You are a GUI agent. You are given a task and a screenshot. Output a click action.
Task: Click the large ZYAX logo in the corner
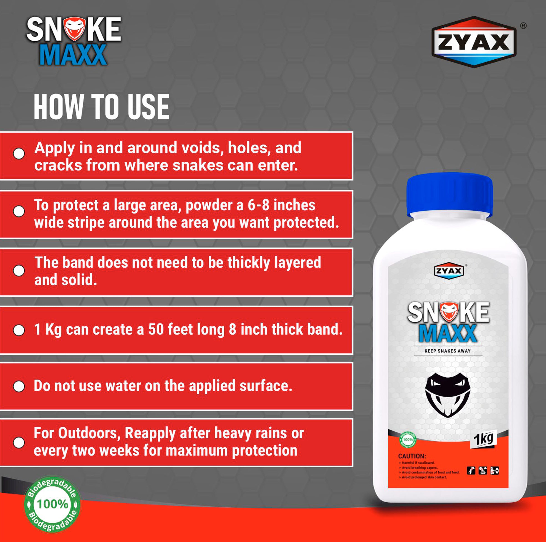[x=474, y=42]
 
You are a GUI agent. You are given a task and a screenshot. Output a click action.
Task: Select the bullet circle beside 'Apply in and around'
[x=19, y=153]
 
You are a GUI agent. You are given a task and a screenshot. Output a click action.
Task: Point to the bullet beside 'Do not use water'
[x=19, y=386]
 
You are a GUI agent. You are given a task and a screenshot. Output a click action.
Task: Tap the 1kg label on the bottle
[x=483, y=439]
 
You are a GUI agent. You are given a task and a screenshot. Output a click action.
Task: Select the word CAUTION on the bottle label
[x=412, y=456]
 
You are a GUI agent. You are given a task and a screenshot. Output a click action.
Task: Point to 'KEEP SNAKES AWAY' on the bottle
[x=447, y=351]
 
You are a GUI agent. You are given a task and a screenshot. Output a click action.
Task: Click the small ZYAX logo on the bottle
[x=449, y=271]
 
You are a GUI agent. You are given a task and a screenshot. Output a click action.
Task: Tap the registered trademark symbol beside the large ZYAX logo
[x=523, y=26]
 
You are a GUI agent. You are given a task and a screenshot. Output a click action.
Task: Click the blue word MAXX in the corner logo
[x=73, y=55]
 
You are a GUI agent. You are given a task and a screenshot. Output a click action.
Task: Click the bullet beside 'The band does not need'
[x=19, y=271]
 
